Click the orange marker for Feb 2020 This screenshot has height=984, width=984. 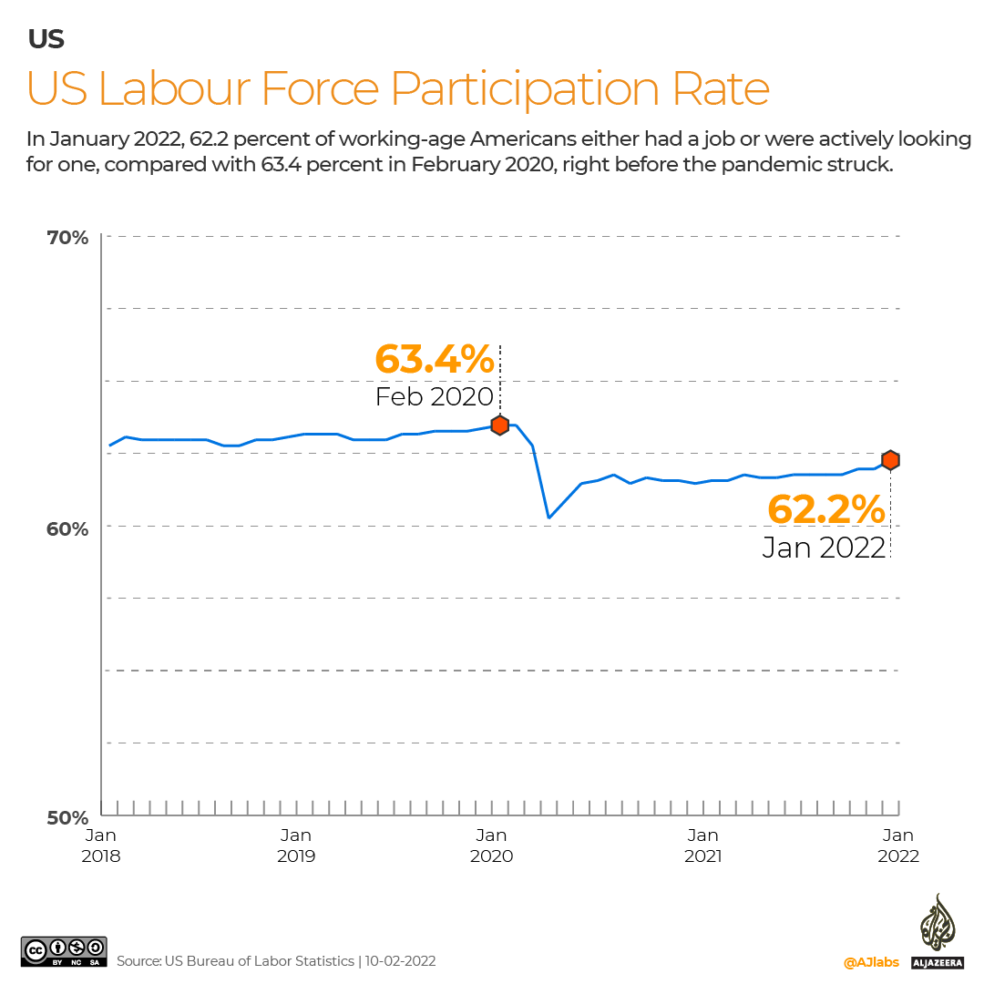pyautogui.click(x=499, y=425)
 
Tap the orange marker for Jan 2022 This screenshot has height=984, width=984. pyautogui.click(x=890, y=460)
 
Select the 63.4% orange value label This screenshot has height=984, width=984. pyautogui.click(x=435, y=360)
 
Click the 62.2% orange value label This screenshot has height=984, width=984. pyautogui.click(x=826, y=509)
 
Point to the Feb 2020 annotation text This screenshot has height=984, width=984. pyautogui.click(x=434, y=396)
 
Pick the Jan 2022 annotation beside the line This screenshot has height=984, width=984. pyautogui.click(x=824, y=548)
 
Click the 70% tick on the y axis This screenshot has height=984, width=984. pyautogui.click(x=68, y=238)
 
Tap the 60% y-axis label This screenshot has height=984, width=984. pyautogui.click(x=68, y=528)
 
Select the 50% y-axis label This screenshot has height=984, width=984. pyautogui.click(x=68, y=818)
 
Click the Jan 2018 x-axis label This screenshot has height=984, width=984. pyautogui.click(x=101, y=846)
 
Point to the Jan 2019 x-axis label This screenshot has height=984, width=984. pyautogui.click(x=296, y=846)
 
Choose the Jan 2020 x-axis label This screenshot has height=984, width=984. pyautogui.click(x=492, y=846)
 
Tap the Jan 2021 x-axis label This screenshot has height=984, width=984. pyautogui.click(x=702, y=846)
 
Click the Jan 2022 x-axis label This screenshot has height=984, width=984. pyautogui.click(x=898, y=846)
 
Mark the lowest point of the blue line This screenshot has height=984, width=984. pyautogui.click(x=548, y=518)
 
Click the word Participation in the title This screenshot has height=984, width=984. pyautogui.click(x=528, y=89)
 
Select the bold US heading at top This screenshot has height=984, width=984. pyautogui.click(x=46, y=39)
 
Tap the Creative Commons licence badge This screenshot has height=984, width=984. pyautogui.click(x=64, y=953)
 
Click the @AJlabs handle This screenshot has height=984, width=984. pyautogui.click(x=871, y=962)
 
